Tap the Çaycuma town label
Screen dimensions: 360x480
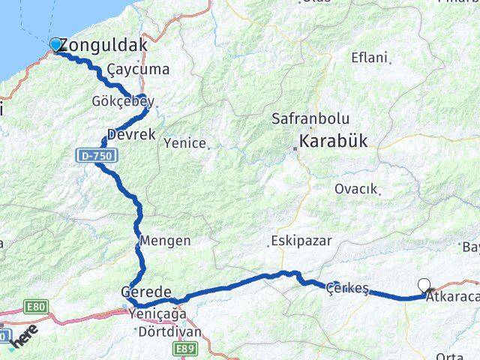[138, 70]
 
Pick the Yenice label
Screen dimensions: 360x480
[184, 142]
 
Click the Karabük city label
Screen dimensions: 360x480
[333, 140]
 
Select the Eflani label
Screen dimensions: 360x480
[369, 58]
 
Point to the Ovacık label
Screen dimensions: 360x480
[355, 188]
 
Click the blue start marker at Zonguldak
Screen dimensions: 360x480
[55, 44]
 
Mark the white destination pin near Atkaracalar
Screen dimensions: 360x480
[425, 285]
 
